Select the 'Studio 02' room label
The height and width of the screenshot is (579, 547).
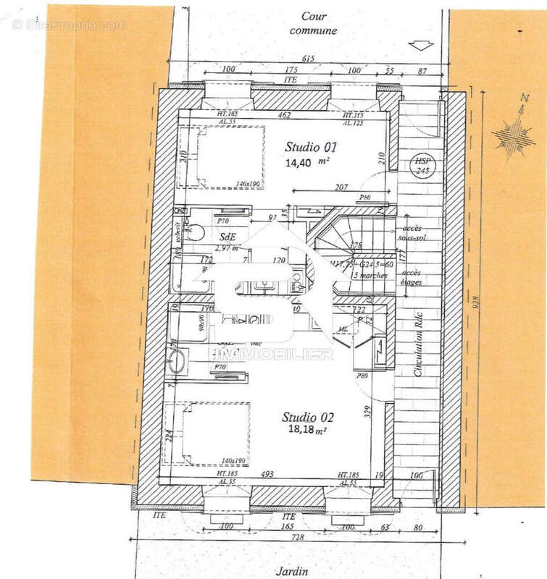(x=307, y=417)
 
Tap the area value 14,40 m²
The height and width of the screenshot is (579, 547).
(x=304, y=163)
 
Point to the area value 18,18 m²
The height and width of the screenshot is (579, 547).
(x=304, y=430)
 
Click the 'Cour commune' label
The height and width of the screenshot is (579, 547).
(x=313, y=23)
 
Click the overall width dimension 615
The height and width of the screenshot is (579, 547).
(x=309, y=59)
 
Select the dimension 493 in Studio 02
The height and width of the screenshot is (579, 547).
(x=269, y=474)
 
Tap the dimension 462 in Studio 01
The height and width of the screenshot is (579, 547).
(x=284, y=114)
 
